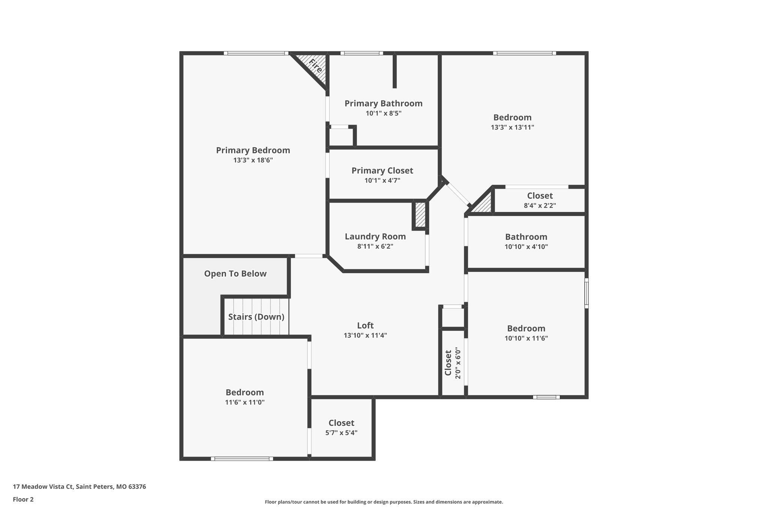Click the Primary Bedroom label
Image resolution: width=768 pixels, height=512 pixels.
(253, 150)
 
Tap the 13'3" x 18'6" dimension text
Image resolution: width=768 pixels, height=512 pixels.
(253, 160)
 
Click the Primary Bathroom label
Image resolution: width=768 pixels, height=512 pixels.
(383, 104)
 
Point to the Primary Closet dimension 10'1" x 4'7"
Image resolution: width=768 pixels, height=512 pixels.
(382, 180)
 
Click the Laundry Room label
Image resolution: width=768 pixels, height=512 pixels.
(375, 237)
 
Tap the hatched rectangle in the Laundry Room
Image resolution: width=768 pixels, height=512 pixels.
(420, 215)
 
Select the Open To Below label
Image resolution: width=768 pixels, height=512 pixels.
(235, 274)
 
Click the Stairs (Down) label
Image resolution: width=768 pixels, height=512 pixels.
(256, 317)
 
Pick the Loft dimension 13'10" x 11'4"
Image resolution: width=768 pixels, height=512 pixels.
(365, 335)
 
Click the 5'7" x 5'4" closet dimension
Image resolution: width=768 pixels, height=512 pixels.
(341, 433)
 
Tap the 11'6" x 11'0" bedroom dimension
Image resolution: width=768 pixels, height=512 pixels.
(244, 402)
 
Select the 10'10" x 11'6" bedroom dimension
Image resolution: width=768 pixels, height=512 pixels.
(526, 338)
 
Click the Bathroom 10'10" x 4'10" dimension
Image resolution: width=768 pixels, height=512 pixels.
(526, 247)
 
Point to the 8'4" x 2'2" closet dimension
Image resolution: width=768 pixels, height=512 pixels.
(540, 206)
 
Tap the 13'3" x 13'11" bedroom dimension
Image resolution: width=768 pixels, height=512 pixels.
(512, 127)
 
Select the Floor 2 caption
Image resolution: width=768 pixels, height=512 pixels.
(23, 499)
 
